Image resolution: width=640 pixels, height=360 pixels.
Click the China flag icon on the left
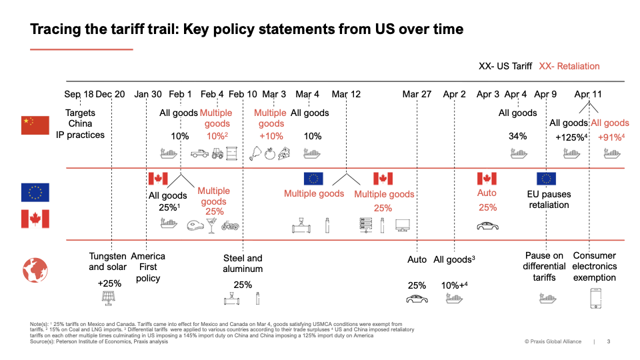pos(35,125)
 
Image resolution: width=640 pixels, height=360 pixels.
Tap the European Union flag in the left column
pos(35,193)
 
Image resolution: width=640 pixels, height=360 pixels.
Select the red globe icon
pos(35,270)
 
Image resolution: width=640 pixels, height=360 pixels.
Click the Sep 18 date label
pos(79,94)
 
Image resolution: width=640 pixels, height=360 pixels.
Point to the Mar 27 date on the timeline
pos(416,94)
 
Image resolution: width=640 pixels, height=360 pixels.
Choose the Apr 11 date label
pos(587,94)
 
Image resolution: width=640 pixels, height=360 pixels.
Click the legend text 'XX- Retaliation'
pos(569,66)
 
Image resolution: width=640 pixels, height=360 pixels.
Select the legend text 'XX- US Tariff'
pos(505,66)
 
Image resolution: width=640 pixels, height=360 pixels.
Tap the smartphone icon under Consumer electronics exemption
pos(595,298)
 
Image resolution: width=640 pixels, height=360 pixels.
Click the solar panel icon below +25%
pos(107,299)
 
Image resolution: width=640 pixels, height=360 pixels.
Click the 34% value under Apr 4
pos(517,136)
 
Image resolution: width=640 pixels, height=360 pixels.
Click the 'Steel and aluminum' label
pos(243,263)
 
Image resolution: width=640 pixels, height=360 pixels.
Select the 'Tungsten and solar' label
pos(107,261)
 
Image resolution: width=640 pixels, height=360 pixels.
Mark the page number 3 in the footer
pos(608,341)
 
